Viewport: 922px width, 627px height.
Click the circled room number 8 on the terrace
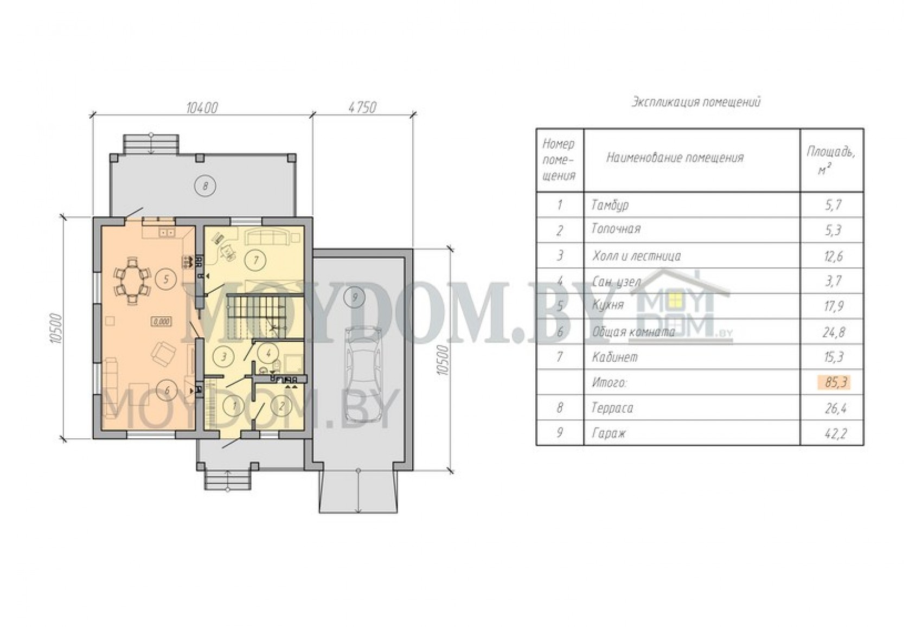206,186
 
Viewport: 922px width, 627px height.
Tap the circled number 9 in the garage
355,297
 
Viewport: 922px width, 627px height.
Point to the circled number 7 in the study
255,260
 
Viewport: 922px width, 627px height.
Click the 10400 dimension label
202,108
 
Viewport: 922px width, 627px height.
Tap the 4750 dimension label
362,108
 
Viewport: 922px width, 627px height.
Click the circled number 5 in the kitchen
166,279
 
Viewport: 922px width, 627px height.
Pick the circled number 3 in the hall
224,356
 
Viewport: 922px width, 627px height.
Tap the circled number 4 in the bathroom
268,353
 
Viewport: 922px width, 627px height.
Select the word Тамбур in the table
610,205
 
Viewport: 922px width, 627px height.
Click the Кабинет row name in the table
614,357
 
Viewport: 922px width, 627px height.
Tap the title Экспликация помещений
696,102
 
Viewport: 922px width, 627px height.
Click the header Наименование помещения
675,158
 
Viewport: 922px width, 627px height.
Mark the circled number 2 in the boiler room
281,406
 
